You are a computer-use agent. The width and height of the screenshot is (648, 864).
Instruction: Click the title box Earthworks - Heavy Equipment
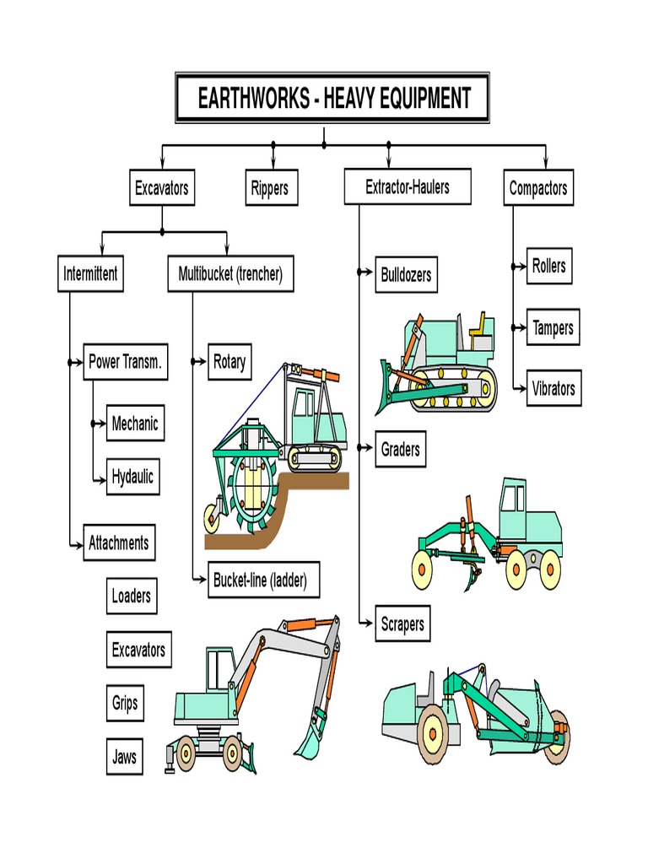point(333,98)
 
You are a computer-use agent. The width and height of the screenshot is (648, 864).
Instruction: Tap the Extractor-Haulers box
point(408,186)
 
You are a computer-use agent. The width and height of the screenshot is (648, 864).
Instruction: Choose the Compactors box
point(538,187)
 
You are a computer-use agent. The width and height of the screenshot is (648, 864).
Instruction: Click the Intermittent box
point(90,274)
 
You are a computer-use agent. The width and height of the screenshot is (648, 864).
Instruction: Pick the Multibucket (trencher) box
point(230,274)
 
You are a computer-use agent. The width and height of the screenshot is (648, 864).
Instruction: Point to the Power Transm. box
point(126,362)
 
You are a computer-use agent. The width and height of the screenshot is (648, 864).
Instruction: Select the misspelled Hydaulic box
point(133,477)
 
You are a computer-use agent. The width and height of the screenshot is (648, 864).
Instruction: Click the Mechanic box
point(135,423)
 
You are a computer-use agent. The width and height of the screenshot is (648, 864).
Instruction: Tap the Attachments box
point(119,543)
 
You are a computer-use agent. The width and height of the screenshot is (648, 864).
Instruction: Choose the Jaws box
point(124,756)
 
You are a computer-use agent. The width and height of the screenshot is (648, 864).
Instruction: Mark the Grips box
point(125,703)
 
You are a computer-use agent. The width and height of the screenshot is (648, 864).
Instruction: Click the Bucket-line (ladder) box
point(261,580)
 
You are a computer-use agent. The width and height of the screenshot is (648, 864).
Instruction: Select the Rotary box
point(229,362)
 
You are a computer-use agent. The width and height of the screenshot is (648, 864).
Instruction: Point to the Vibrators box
point(553,388)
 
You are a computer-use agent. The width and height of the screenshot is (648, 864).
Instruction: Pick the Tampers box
point(553,327)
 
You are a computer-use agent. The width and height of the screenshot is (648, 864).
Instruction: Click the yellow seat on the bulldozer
point(478,329)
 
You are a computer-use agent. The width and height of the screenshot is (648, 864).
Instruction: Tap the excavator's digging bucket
point(308,739)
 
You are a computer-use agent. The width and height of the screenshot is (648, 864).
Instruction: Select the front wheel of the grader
point(424,569)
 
